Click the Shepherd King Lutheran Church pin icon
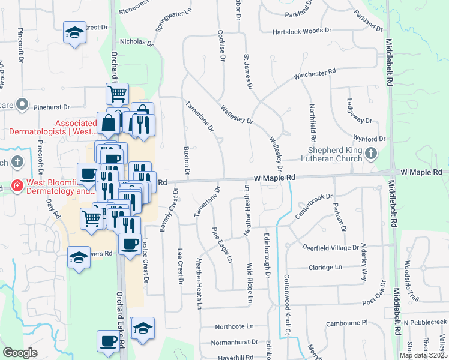coord(370,154)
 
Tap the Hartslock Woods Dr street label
coord(301,31)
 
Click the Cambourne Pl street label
coord(346,323)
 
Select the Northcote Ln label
coord(235,326)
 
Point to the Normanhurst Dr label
coord(234,342)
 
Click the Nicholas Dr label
coord(133,42)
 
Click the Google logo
coord(20,353)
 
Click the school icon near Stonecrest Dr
coord(74,33)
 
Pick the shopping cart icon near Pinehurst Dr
coord(117,94)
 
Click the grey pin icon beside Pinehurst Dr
coord(23,104)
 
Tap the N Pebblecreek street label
coord(425,323)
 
